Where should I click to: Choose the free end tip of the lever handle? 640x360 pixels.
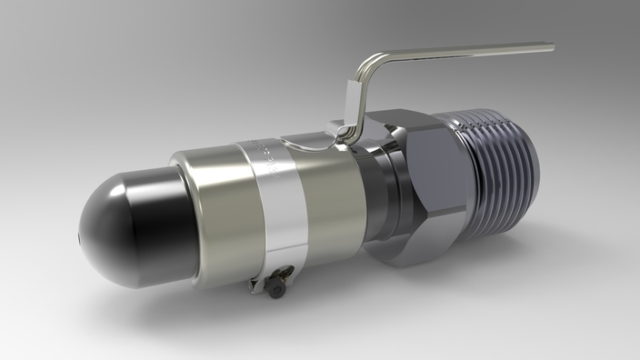click(x=550, y=45)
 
